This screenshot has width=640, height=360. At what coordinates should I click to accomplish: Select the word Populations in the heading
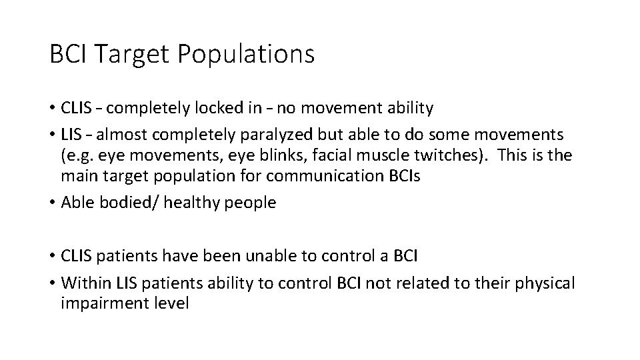tap(247, 55)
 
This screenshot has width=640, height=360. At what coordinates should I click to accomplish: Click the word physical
tap(542, 283)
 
